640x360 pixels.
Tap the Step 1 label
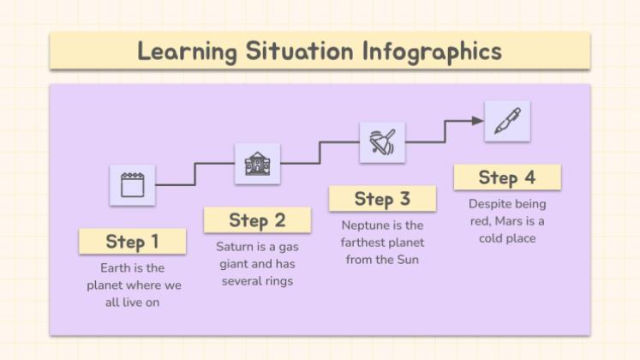pyautogui.click(x=132, y=241)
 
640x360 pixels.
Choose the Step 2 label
pyautogui.click(x=256, y=220)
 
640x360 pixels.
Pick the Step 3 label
pyautogui.click(x=382, y=199)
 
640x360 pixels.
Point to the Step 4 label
pyautogui.click(x=506, y=177)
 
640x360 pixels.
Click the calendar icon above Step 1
pyautogui.click(x=132, y=184)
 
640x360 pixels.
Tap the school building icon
pyautogui.click(x=257, y=163)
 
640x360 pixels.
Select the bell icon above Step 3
pyautogui.click(x=382, y=142)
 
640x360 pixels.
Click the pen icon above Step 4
pyautogui.click(x=506, y=122)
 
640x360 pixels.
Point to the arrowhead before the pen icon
pyautogui.click(x=478, y=122)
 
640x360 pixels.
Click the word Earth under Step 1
pyautogui.click(x=116, y=267)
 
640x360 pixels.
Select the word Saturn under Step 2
pyautogui.click(x=234, y=247)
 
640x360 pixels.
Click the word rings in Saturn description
pyautogui.click(x=278, y=281)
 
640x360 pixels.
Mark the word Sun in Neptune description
pyautogui.click(x=407, y=260)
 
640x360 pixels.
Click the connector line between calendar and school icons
pyautogui.click(x=176, y=184)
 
